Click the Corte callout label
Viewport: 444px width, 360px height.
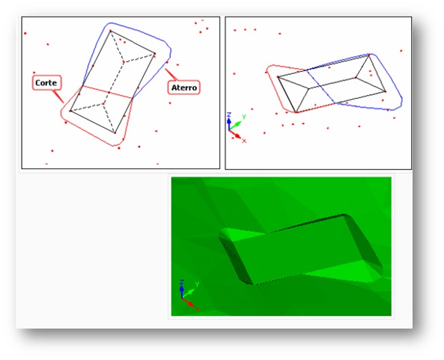pos(46,82)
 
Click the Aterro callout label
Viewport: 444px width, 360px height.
pos(184,88)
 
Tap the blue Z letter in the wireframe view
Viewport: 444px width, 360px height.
pos(229,115)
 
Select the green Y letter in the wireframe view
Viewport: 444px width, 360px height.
pos(244,117)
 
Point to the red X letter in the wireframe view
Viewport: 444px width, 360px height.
pos(244,141)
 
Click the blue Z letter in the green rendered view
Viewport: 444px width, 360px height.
pos(182,282)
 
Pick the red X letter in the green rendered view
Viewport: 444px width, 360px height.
pos(198,309)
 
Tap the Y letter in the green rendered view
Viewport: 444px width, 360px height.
pos(197,284)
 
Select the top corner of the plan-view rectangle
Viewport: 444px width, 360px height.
pos(110,31)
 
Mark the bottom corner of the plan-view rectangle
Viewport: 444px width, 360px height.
pos(115,132)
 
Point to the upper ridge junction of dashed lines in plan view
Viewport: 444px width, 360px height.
pos(124,61)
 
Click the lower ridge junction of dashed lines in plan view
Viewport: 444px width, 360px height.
pos(103,104)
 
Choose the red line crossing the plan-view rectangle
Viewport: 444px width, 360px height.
pos(108,92)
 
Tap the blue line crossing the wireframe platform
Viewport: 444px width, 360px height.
pos(320,86)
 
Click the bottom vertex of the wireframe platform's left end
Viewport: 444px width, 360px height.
pos(296,112)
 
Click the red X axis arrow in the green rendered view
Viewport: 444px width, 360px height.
pos(188,302)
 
